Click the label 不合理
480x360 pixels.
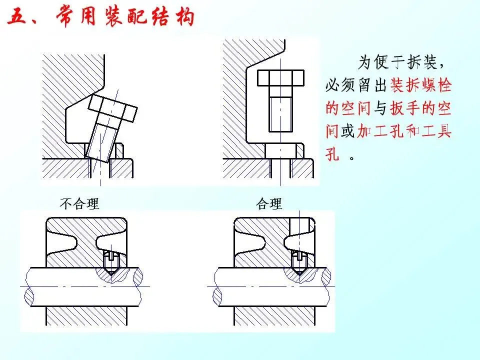79,203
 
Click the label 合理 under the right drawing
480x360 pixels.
269,203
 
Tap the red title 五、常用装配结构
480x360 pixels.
101,16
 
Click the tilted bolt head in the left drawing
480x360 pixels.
112,108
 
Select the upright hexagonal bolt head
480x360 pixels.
280,78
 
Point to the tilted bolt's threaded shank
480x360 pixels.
102,141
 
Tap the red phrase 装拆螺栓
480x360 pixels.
421,85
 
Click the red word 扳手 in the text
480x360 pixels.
405,108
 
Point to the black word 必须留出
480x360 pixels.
356,85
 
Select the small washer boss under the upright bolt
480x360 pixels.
280,151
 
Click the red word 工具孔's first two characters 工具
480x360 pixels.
436,131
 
